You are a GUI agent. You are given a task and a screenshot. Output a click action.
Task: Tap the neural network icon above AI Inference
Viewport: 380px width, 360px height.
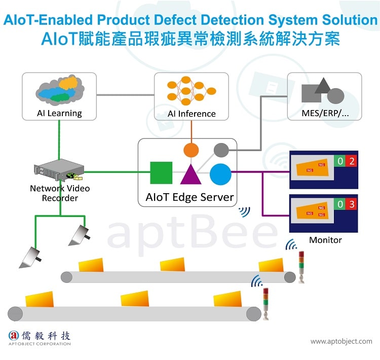tap(192, 91)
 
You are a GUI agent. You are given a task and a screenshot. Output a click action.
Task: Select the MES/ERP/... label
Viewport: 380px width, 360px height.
tap(325, 114)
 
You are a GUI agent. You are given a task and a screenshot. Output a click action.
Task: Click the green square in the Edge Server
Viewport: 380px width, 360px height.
tap(161, 173)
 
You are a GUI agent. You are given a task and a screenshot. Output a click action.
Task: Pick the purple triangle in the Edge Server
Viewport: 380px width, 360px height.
tap(191, 173)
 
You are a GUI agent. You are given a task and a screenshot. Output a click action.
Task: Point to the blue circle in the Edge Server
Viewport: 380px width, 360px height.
tap(220, 174)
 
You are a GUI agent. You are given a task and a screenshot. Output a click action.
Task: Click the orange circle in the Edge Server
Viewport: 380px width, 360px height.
tap(191, 150)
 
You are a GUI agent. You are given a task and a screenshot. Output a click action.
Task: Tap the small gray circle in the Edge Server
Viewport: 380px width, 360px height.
tap(221, 150)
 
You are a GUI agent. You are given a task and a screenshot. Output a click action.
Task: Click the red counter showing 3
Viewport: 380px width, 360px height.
tap(352, 205)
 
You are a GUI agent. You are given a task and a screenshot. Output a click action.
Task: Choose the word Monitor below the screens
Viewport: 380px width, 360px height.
tap(325, 240)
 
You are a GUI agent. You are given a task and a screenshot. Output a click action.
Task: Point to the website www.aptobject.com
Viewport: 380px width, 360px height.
tap(341, 341)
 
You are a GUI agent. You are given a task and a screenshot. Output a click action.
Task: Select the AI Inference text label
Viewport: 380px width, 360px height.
tap(192, 114)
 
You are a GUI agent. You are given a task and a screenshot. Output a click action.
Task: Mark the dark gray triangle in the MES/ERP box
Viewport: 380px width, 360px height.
tap(322, 86)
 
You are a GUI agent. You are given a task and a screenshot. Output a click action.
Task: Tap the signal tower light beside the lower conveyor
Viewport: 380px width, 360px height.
tap(265, 302)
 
